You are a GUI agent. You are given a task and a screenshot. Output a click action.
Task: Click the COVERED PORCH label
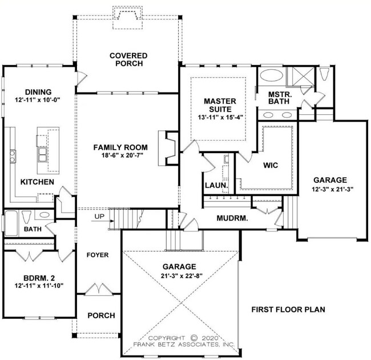pos(128,59)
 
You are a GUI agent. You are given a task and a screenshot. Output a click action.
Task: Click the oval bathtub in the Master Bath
pos(271,77)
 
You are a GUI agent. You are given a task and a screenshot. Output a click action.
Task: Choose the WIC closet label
pos(270,165)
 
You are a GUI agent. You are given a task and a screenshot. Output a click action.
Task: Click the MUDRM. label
pos(231,218)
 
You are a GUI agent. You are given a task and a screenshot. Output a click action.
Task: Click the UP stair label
pos(99,217)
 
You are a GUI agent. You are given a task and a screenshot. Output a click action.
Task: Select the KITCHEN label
pos(37,182)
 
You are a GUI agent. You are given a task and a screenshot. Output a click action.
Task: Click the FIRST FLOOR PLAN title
pos(288,309)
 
